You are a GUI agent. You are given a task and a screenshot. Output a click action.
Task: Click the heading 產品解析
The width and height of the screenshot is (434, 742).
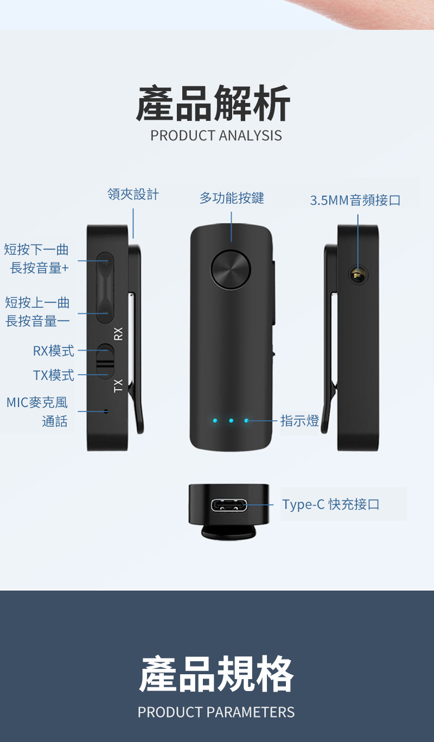click(213, 104)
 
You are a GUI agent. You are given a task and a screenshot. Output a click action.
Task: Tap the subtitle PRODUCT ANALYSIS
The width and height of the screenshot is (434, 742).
click(216, 135)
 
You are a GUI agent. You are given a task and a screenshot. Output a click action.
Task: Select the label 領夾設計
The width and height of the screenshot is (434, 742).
click(133, 195)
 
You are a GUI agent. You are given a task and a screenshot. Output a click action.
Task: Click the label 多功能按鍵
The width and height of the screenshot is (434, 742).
click(232, 198)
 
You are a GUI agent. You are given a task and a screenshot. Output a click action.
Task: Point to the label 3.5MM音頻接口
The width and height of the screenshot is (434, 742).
click(355, 201)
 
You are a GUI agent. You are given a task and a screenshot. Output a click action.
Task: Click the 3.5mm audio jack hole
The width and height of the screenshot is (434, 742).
click(357, 275)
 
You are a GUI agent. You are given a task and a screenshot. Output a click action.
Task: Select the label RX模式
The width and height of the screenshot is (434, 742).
click(53, 351)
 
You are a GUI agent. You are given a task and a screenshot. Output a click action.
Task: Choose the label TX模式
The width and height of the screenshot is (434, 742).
click(53, 375)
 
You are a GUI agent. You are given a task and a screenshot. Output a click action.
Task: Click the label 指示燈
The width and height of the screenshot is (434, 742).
click(299, 421)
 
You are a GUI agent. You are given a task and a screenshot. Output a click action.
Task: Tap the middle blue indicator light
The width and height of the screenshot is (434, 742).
click(231, 421)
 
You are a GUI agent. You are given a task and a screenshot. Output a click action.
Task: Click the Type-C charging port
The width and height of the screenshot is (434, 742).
click(229, 506)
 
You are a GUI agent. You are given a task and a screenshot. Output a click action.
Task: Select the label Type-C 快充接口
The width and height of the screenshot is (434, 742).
click(331, 505)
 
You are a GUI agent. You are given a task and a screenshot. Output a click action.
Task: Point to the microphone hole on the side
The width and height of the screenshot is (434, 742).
click(106, 411)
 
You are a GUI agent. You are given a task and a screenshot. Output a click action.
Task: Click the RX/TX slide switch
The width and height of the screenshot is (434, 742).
click(105, 360)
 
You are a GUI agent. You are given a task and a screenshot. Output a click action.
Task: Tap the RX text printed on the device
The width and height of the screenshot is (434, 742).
click(119, 334)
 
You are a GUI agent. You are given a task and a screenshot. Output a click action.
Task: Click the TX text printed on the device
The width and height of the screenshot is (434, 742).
click(118, 385)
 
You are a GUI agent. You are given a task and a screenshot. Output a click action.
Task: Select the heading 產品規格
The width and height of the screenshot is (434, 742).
click(216, 674)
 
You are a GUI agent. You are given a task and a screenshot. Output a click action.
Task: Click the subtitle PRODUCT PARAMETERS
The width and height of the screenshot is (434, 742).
click(216, 712)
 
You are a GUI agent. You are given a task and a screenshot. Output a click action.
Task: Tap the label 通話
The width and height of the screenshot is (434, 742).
click(55, 421)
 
